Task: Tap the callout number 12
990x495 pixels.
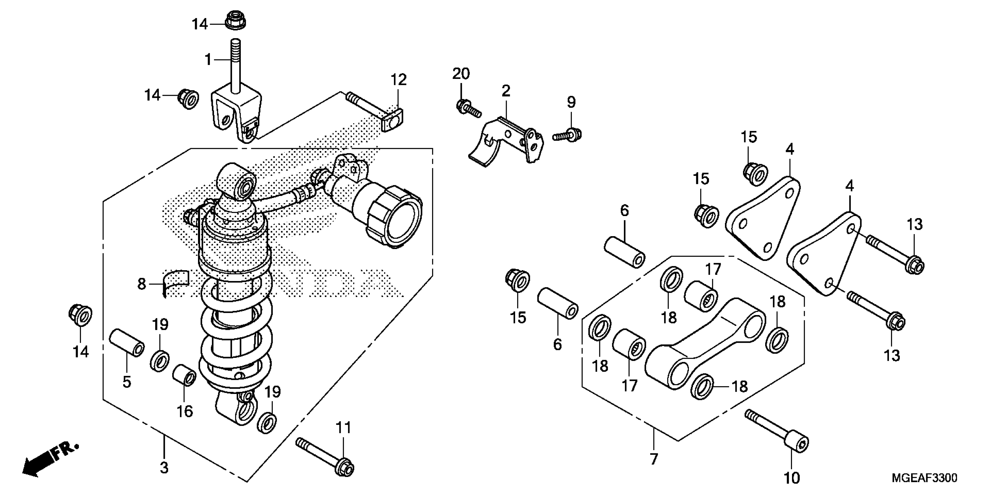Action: click(x=399, y=80)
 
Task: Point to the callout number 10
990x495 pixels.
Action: click(x=792, y=478)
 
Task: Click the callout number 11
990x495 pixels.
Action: click(x=344, y=428)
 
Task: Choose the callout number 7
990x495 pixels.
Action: click(x=654, y=459)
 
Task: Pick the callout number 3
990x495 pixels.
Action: click(x=164, y=468)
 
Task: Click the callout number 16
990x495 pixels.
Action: click(x=185, y=412)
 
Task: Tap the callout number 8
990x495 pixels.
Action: click(x=142, y=284)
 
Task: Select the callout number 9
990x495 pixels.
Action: click(x=572, y=102)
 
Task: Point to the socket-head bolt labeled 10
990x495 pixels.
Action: click(x=779, y=432)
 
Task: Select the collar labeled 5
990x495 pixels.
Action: click(x=127, y=343)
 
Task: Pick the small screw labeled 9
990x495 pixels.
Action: click(x=568, y=135)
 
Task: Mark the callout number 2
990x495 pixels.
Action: click(x=506, y=91)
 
